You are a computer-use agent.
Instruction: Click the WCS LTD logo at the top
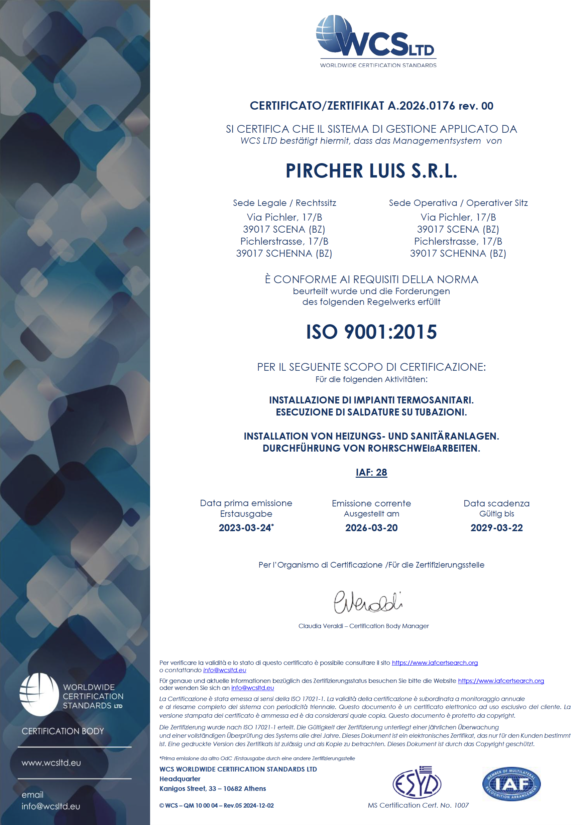376,40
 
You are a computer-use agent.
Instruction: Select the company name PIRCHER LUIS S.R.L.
371,171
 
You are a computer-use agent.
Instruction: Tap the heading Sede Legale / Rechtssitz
284,203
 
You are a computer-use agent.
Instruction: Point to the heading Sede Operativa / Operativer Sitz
458,203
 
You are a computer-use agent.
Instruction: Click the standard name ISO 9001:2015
371,332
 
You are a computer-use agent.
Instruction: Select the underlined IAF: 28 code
371,472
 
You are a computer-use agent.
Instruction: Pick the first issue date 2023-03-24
245,528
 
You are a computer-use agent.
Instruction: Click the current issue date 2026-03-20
371,528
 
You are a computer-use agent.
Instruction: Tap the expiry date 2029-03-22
496,528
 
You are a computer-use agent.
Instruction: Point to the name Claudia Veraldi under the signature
321,626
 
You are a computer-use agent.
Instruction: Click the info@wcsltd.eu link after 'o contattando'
224,670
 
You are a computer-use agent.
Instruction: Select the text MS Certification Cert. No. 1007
418,805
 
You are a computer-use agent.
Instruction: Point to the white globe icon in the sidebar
39,695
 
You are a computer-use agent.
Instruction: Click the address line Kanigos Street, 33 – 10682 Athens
212,789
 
